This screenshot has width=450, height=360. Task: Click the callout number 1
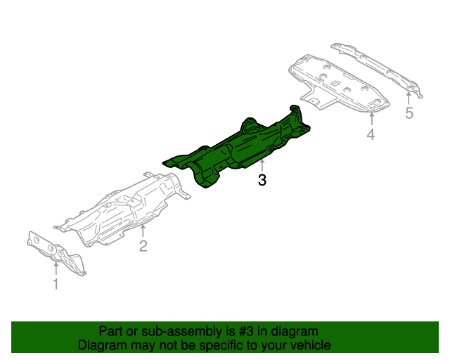56,284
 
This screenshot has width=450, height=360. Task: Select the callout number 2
143,245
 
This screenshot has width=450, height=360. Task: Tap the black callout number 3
262,180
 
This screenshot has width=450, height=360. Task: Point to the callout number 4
371,134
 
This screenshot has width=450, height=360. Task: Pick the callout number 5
409,113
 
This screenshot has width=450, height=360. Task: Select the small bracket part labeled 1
56,253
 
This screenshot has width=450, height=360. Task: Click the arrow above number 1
56,267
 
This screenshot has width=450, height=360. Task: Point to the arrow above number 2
143,229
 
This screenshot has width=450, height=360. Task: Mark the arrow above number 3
262,166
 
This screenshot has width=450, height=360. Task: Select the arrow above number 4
371,117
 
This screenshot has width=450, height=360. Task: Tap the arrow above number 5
409,97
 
